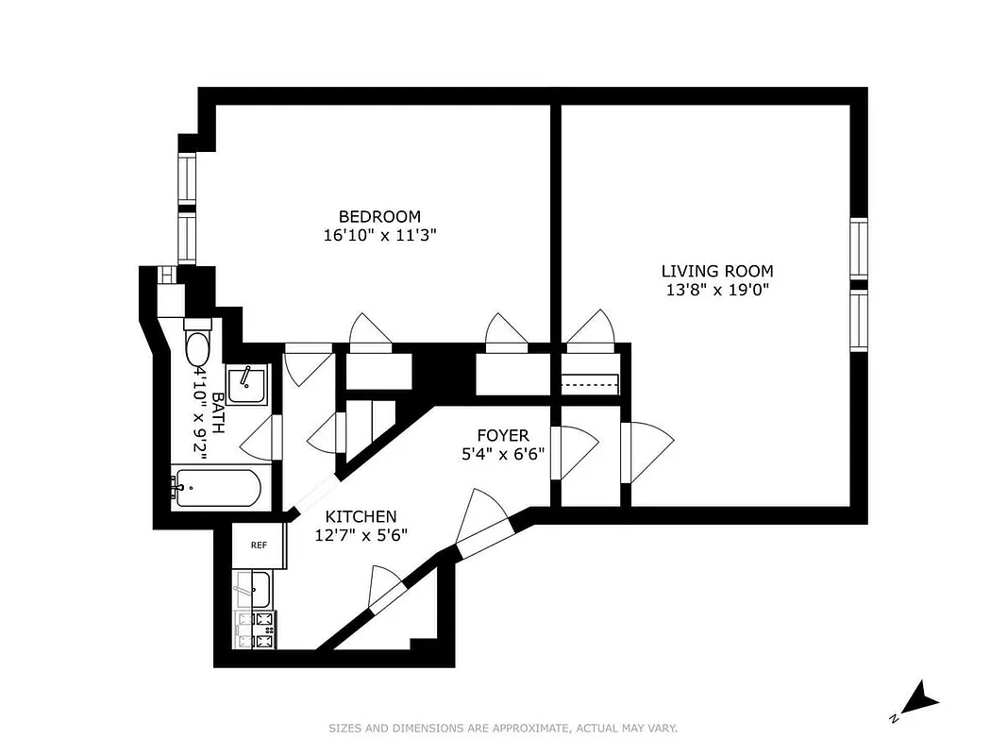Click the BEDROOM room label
click(x=379, y=216)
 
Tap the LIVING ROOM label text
click(x=716, y=271)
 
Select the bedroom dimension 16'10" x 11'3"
click(x=379, y=235)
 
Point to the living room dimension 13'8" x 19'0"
click(x=716, y=290)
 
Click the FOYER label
click(x=502, y=435)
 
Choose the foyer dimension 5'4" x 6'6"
click(x=502, y=453)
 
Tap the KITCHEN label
click(x=361, y=516)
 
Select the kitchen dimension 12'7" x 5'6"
click(x=361, y=535)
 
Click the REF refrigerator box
click(x=258, y=545)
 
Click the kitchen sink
click(x=254, y=590)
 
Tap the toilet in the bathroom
click(x=198, y=347)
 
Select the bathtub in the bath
click(x=214, y=488)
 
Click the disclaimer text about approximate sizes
click(x=503, y=728)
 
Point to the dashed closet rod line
click(x=589, y=385)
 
